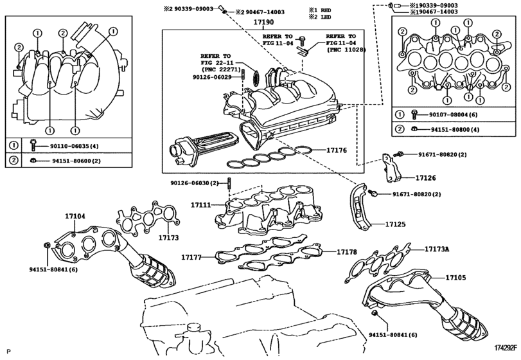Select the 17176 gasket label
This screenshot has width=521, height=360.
tap(336, 150)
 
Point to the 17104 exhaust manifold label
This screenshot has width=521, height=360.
tap(75, 216)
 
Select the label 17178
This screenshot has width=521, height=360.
tap(347, 253)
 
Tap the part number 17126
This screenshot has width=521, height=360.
tap(425, 177)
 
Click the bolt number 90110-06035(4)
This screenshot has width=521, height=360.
tap(73, 145)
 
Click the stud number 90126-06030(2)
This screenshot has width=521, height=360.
tap(195, 183)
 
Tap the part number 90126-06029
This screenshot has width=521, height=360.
tap(211, 77)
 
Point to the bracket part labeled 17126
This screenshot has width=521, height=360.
tap(391, 166)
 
